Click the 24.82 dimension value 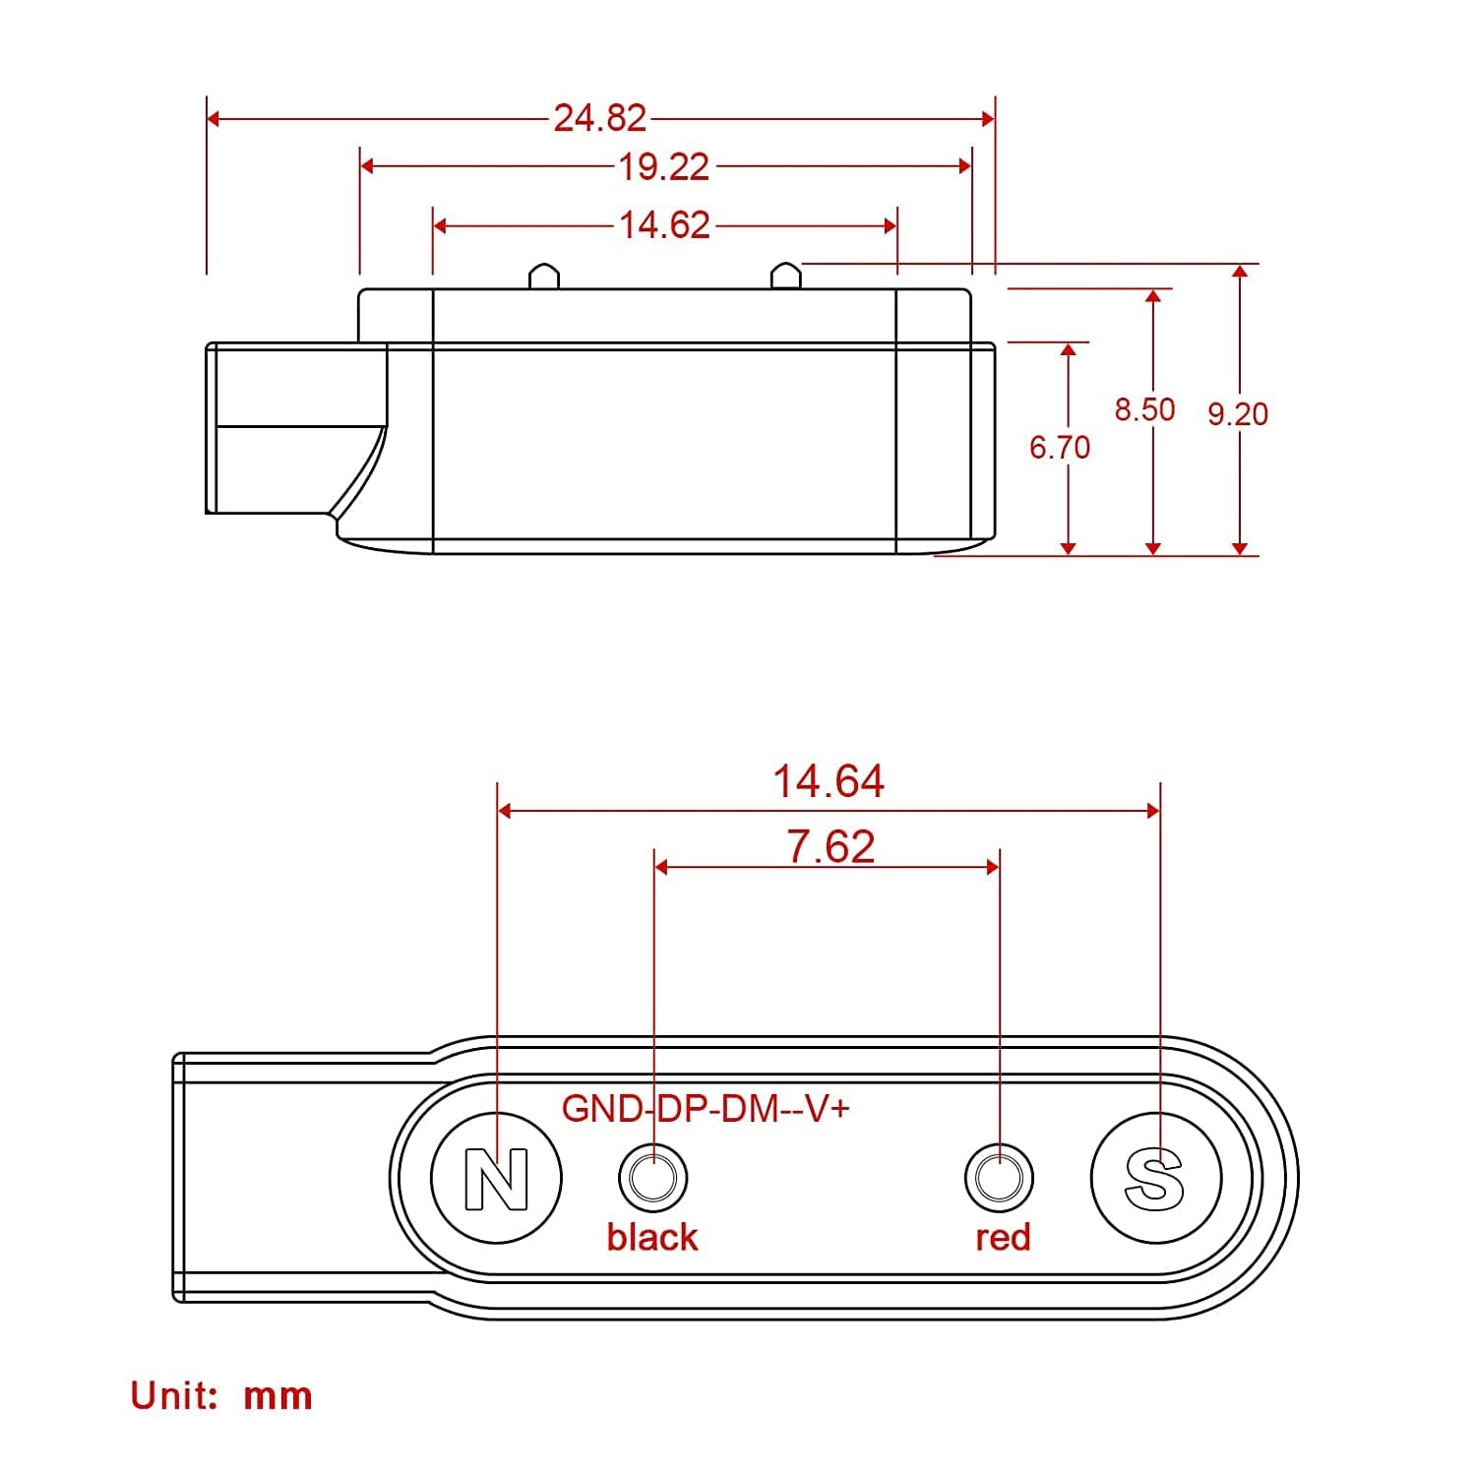pos(599,118)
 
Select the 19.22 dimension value pos(663,166)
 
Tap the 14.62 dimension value pos(663,225)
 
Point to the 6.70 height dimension pos(1059,448)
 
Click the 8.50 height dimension pos(1144,409)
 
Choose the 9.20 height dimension pos(1238,414)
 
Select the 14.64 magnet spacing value pos(828,781)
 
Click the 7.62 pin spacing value pos(830,846)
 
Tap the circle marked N pos(497,1177)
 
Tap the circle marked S pos(1155,1177)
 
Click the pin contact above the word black pos(652,1177)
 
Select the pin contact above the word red pos(999,1177)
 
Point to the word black pos(651,1237)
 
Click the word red pos(1003,1238)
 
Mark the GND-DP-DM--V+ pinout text pos(706,1109)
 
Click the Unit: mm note pos(221,1395)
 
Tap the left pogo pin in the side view pos(544,276)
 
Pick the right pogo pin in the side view pos(785,276)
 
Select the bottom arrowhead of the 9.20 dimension pos(1240,548)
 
